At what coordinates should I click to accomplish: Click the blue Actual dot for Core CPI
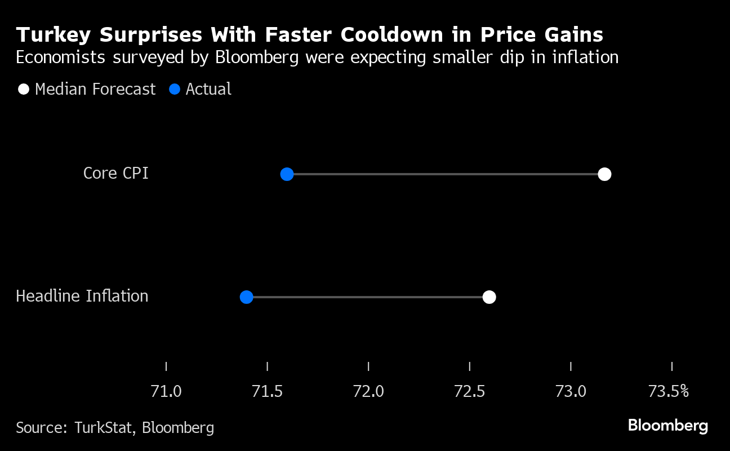pos(287,174)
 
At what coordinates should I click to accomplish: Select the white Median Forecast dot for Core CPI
pos(604,174)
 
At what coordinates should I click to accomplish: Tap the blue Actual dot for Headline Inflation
pos(246,297)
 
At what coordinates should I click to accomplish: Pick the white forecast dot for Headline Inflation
pos(489,297)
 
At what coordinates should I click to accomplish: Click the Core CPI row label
pos(115,173)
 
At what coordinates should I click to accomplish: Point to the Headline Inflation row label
pos(82,296)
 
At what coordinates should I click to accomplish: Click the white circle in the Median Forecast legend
pos(24,89)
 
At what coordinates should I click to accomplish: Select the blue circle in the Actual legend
pos(175,89)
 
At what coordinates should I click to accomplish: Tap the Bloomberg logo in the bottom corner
pos(667,426)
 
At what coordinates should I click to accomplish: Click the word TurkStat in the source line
pos(104,428)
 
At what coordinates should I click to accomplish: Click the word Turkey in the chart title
pos(54,35)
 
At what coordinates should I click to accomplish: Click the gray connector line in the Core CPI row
pos(445,174)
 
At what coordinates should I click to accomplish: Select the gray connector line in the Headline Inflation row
pos(366,297)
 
